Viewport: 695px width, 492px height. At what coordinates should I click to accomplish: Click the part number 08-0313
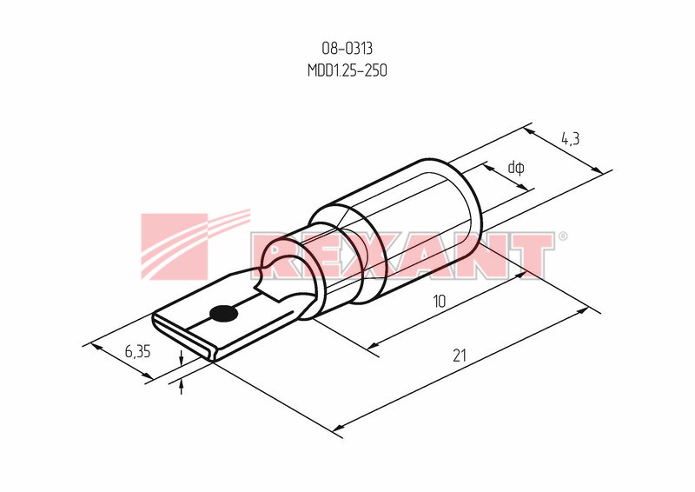pyautogui.click(x=347, y=48)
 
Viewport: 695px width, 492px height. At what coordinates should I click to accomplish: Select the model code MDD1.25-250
pyautogui.click(x=347, y=70)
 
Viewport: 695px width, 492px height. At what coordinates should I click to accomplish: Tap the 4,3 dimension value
pyautogui.click(x=570, y=139)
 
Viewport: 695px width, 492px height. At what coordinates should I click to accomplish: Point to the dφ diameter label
pyautogui.click(x=516, y=168)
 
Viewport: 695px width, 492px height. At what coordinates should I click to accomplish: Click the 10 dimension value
pyautogui.click(x=439, y=302)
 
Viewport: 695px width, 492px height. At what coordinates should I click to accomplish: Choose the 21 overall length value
pyautogui.click(x=460, y=356)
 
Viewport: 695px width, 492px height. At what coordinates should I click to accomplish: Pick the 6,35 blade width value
pyautogui.click(x=137, y=351)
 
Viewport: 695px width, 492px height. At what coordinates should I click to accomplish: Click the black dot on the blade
pyautogui.click(x=224, y=314)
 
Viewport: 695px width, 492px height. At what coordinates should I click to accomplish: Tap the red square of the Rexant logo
pyautogui.click(x=175, y=246)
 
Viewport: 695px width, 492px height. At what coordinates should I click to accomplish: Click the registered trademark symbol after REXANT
pyautogui.click(x=562, y=236)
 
